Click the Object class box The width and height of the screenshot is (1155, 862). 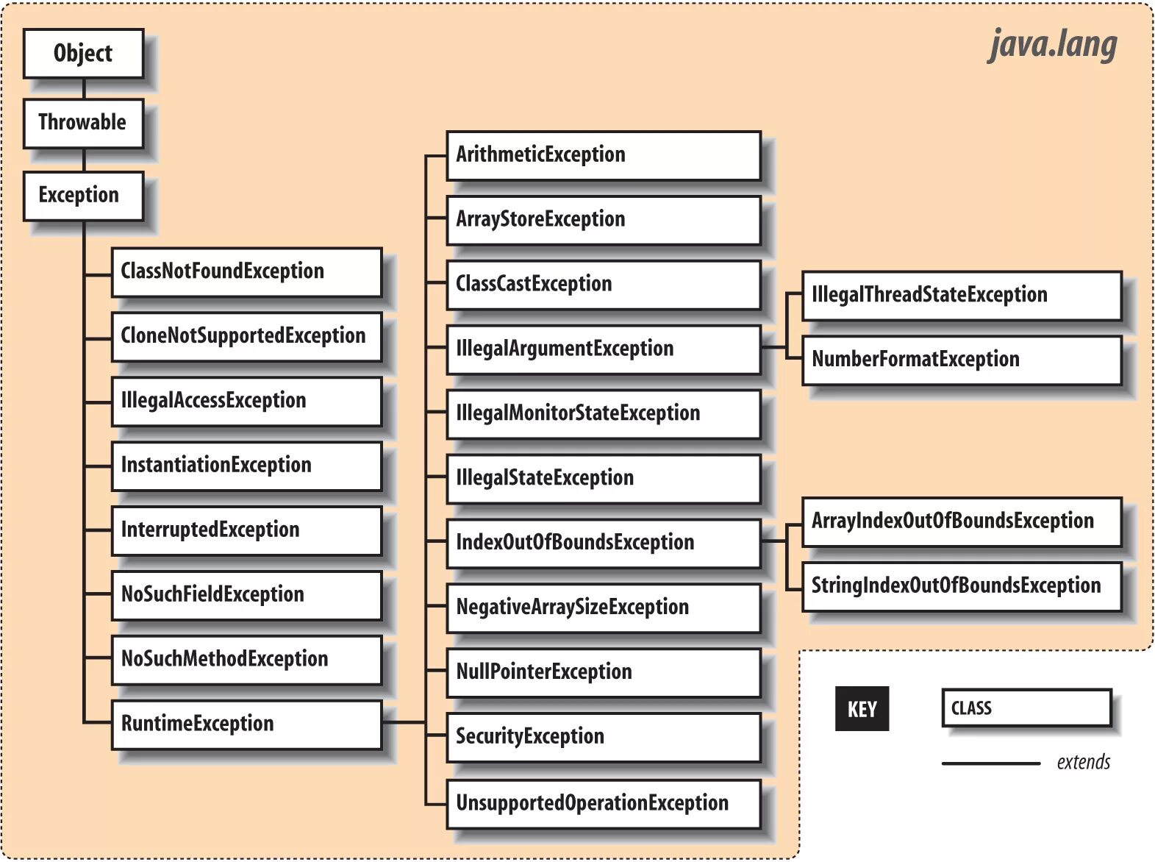point(83,54)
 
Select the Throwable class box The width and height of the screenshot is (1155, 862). point(83,123)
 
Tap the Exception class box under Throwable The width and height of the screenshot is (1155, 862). point(83,196)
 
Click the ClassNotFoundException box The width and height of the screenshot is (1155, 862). point(246,272)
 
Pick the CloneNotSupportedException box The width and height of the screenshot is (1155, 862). point(246,337)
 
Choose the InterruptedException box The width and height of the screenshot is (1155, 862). point(246,530)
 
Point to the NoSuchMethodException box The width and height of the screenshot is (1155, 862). point(246,660)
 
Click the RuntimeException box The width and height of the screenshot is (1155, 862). point(246,724)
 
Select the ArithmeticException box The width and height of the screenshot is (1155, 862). point(603,155)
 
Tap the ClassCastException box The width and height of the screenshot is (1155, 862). point(603,285)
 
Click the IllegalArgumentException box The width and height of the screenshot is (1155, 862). point(603,349)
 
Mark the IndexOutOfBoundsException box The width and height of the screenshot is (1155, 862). point(603,544)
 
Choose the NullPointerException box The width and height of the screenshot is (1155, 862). point(603,672)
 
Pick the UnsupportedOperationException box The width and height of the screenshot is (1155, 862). point(603,803)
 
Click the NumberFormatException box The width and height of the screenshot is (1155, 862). point(961,360)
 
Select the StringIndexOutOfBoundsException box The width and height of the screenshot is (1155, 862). point(961,586)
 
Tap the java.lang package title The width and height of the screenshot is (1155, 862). point(1052,45)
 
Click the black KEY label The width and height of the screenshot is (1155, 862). point(862,709)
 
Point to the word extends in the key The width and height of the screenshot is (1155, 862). point(1083,763)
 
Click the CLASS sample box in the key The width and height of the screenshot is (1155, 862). point(1026,708)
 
